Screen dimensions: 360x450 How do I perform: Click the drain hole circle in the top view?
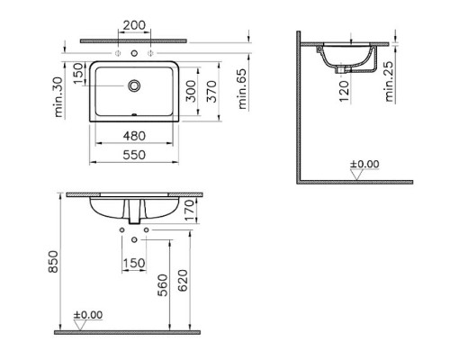tap(135, 86)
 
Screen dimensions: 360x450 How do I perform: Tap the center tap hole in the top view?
tap(135, 56)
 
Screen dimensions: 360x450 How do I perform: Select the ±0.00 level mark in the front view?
tap(88, 316)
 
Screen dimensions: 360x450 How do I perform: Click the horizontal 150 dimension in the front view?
tap(134, 262)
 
